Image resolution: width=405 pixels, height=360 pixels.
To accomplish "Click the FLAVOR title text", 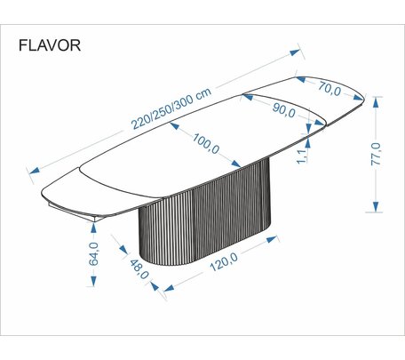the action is tap(50, 45).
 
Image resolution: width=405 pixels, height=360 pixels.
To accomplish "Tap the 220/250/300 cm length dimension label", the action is tap(171, 108).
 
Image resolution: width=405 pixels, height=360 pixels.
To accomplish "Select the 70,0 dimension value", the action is tap(330, 89).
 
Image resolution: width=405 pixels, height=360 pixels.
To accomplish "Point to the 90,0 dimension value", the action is tap(283, 110).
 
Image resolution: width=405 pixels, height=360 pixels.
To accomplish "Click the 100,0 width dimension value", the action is tap(206, 143).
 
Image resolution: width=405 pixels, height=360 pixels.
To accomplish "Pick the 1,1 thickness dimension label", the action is tap(301, 156).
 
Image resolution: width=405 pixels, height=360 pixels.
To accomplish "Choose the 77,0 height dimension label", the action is tap(377, 154).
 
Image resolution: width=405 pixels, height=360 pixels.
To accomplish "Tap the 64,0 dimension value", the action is tap(94, 253).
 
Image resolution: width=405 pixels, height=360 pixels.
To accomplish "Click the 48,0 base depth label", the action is tap(139, 269).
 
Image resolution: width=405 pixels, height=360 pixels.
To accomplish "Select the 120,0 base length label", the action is tap(224, 262).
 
